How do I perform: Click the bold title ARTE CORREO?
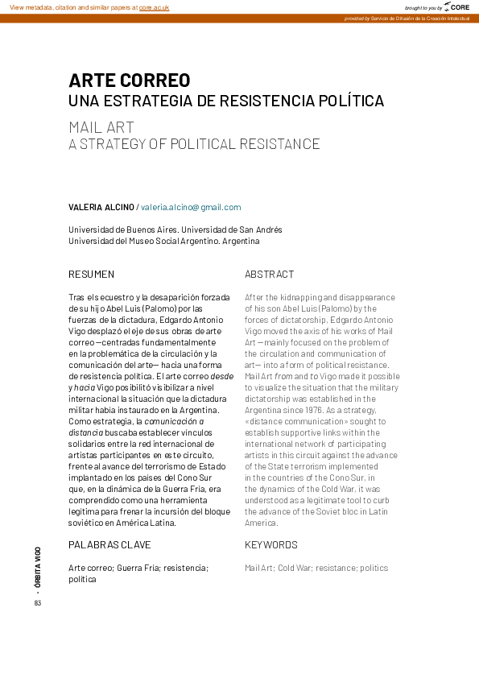[x=130, y=81]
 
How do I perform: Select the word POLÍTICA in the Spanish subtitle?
[x=348, y=101]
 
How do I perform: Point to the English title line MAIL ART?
[x=101, y=127]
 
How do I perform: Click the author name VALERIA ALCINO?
[x=101, y=207]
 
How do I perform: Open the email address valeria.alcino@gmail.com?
[x=191, y=207]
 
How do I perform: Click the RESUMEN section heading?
[x=91, y=274]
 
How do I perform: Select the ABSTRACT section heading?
[x=270, y=274]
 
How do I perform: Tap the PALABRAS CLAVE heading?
[x=109, y=545]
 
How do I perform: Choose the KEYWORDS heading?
[x=271, y=545]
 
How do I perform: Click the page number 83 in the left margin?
[x=37, y=604]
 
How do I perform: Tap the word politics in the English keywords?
[x=374, y=568]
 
